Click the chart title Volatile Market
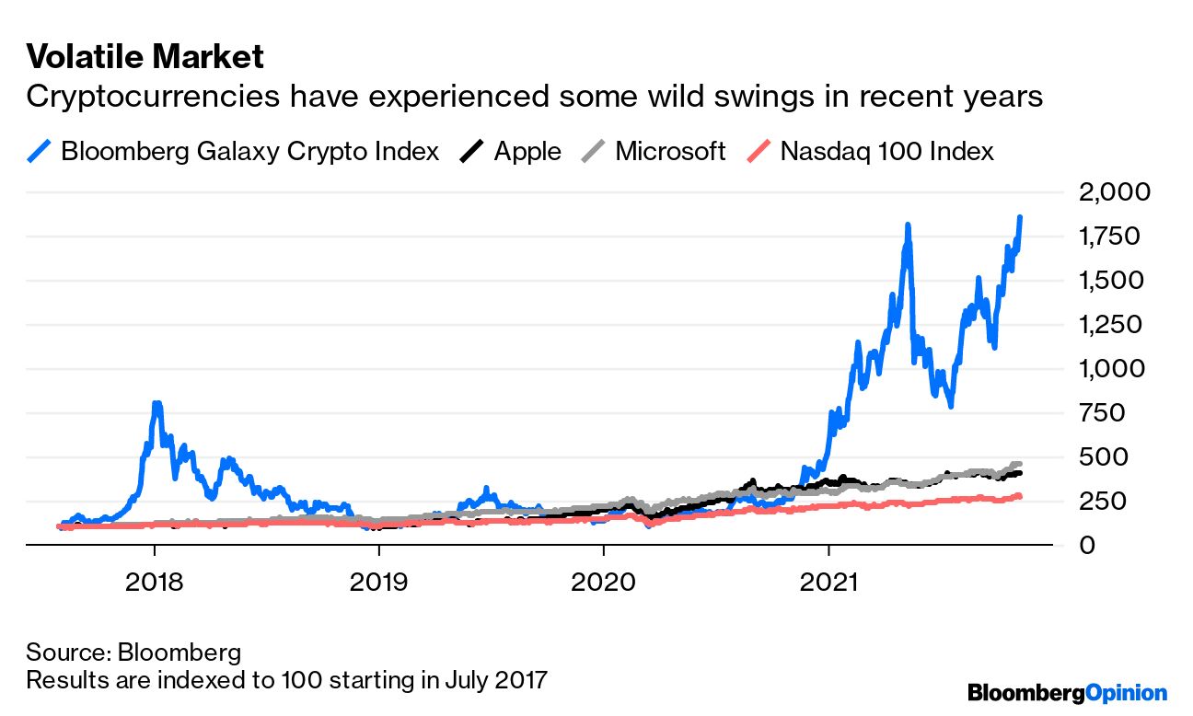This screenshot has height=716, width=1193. click(x=145, y=57)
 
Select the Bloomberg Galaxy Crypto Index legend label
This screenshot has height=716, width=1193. click(x=249, y=151)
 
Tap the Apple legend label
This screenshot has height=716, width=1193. click(x=527, y=151)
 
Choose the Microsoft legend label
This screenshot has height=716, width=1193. click(x=670, y=151)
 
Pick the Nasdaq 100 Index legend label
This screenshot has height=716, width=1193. click(x=886, y=151)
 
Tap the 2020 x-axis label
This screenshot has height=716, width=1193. click(x=603, y=583)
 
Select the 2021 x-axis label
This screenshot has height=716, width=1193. click(x=828, y=583)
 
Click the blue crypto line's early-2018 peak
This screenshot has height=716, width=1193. click(x=156, y=405)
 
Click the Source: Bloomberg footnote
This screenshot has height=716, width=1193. click(x=133, y=653)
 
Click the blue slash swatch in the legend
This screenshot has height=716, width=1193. click(x=40, y=151)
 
